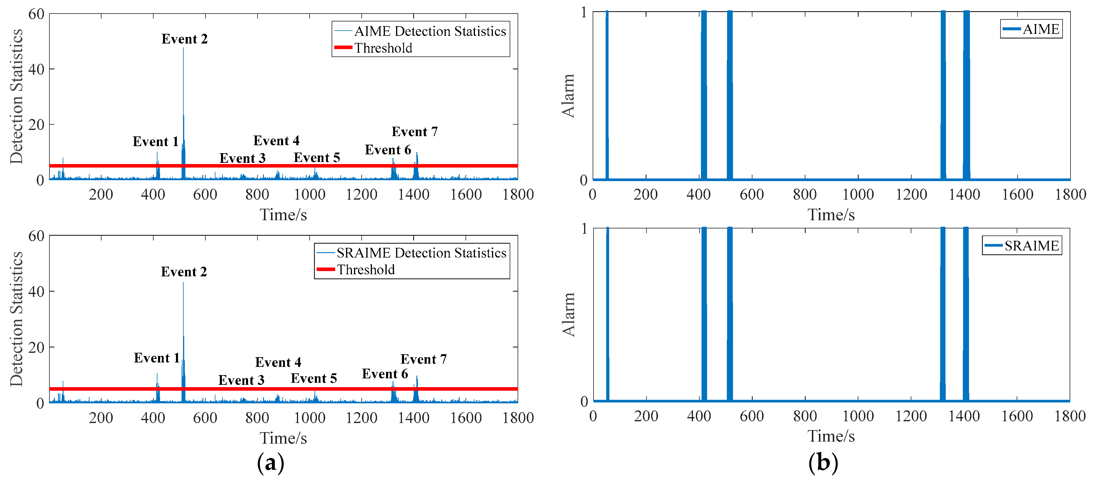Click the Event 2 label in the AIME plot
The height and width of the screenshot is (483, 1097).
185,39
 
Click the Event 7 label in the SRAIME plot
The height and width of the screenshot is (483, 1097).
423,360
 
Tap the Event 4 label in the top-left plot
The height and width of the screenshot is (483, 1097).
276,141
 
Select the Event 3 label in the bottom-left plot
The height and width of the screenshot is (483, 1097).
242,380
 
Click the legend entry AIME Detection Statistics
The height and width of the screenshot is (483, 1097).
430,31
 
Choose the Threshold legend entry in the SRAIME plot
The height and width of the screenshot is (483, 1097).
365,270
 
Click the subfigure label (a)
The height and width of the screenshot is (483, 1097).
270,463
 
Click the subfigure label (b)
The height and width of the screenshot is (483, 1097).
823,463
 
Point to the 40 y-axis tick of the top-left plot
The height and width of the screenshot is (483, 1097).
36,69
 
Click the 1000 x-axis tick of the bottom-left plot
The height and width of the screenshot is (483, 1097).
310,418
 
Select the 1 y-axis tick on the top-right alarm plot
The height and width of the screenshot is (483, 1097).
584,13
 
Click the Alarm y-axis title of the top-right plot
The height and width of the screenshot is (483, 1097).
569,96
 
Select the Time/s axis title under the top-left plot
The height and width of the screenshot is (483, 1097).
283,215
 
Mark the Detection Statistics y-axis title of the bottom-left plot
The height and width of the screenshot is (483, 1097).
16,319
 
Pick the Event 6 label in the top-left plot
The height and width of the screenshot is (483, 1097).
388,150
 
